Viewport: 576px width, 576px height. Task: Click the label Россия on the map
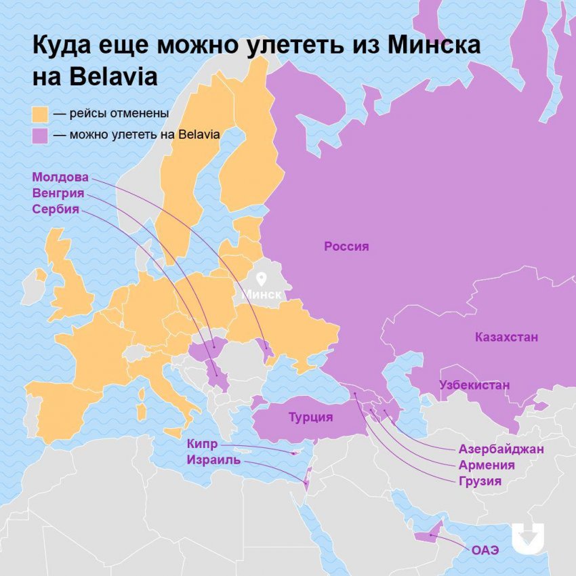(x=346, y=247)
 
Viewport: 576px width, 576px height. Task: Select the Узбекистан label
(x=474, y=385)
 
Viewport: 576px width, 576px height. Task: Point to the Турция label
(x=310, y=417)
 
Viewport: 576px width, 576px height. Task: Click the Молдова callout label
(x=60, y=177)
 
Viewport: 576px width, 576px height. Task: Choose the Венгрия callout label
(x=60, y=193)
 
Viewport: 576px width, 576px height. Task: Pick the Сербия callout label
(x=56, y=209)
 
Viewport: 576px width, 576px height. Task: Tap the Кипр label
(x=203, y=445)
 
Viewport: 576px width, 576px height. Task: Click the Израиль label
(x=213, y=460)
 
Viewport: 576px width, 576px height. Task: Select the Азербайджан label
(x=501, y=449)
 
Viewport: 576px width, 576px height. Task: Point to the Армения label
(x=486, y=466)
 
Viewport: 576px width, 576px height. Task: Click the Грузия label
(x=480, y=482)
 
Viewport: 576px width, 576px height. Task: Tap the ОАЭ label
(x=485, y=550)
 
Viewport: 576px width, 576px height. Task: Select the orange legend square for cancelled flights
(x=40, y=113)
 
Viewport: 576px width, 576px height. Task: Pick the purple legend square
(x=40, y=135)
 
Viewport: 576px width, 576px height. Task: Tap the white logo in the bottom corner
(x=528, y=539)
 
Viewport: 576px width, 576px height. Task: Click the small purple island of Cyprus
(x=294, y=453)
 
